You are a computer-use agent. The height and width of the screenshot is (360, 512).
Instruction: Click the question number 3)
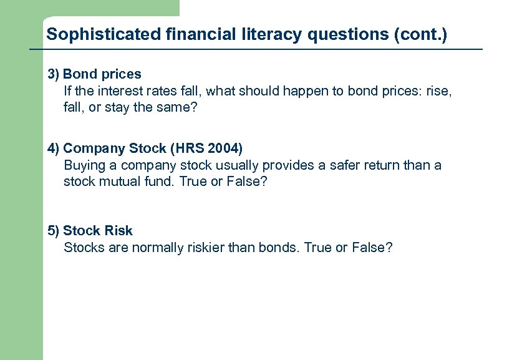pyautogui.click(x=54, y=74)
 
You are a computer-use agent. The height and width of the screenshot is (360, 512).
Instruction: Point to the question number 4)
pyautogui.click(x=54, y=148)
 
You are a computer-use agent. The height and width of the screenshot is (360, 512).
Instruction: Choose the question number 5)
pyautogui.click(x=54, y=231)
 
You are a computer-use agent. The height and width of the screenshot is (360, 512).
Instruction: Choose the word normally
pyautogui.click(x=158, y=248)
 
